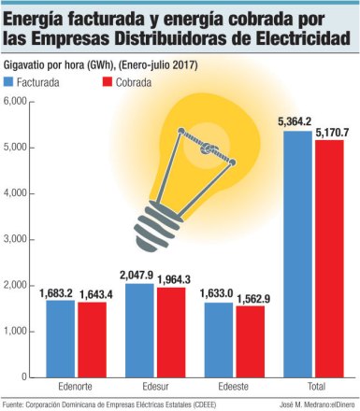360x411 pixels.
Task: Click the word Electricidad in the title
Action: click(x=297, y=38)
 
